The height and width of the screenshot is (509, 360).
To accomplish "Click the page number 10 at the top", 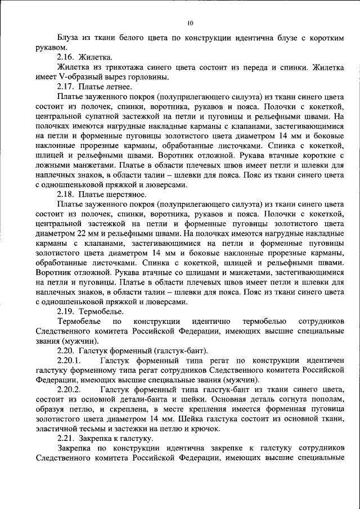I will pos(190,23).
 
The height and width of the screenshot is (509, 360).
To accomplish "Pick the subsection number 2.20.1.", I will pos(70,359).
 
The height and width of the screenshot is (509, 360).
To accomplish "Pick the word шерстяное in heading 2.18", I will pos(127,194).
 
